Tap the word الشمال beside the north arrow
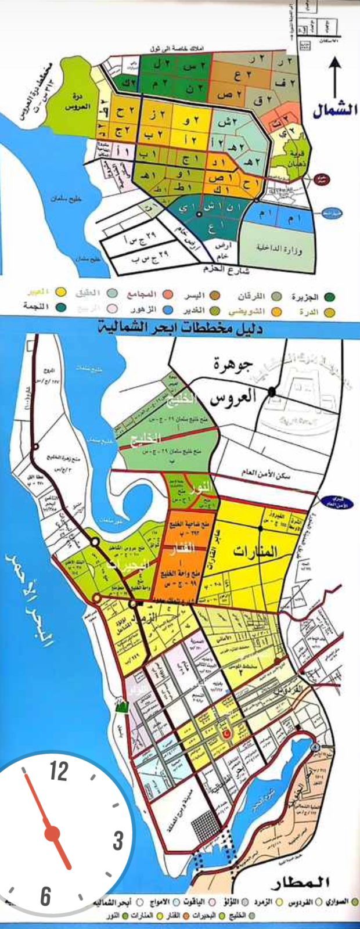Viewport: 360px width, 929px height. coord(336,111)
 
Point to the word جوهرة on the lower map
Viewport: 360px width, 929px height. coord(231,368)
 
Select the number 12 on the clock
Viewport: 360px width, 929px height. coord(59,772)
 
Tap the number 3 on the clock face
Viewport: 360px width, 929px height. coord(118,840)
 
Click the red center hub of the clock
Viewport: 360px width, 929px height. coord(52,833)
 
